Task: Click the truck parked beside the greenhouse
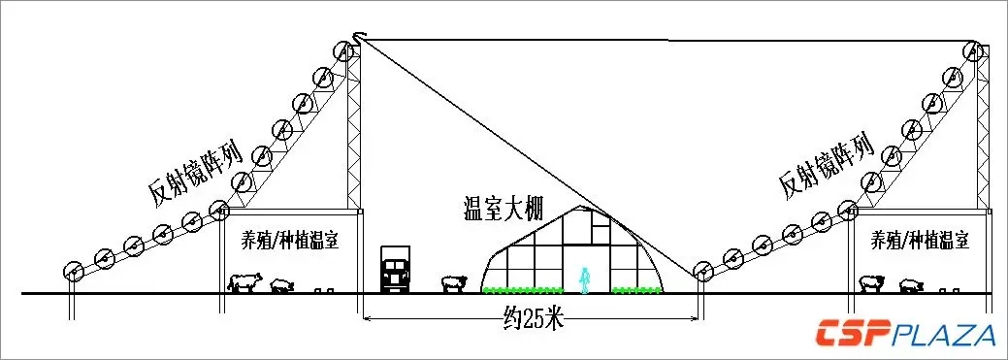pyautogui.click(x=395, y=270)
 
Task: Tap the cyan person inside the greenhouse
pyautogui.click(x=584, y=278)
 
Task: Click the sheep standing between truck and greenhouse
pyautogui.click(x=453, y=282)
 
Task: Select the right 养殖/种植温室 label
pyautogui.click(x=920, y=239)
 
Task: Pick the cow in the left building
pyautogui.click(x=244, y=282)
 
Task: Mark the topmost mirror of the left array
pyautogui.click(x=342, y=52)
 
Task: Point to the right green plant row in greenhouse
pyautogui.click(x=636, y=289)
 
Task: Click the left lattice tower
pyautogui.click(x=355, y=126)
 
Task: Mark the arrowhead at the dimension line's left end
pyautogui.click(x=367, y=318)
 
